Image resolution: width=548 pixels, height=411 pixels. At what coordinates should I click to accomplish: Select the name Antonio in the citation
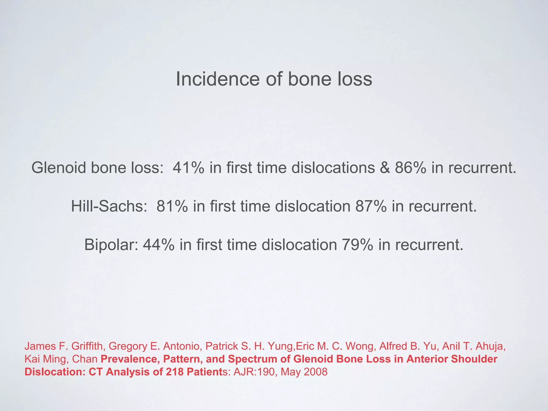[181, 346]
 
